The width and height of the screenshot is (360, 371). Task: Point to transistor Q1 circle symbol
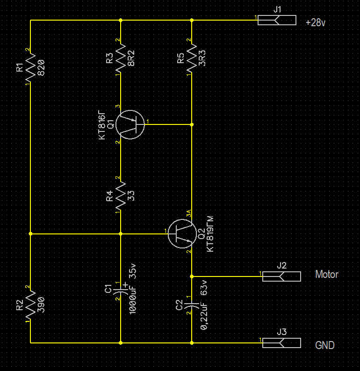130,124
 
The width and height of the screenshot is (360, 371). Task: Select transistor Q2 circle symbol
181,234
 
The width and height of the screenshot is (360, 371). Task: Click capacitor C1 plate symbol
121,289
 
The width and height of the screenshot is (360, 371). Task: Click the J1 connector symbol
277,20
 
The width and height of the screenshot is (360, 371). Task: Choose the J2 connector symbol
281,276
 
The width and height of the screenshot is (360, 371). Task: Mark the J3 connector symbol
281,343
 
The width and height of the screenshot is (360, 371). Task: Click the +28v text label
316,22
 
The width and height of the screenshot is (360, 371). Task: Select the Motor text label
326,275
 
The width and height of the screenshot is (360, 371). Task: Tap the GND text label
325,346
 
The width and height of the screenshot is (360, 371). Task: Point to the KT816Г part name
102,124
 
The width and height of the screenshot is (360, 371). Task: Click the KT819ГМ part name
210,234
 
